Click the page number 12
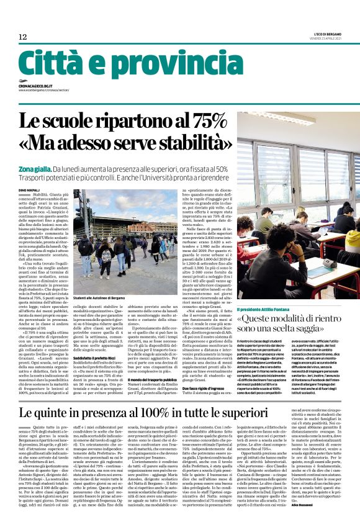[x=22, y=37]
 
